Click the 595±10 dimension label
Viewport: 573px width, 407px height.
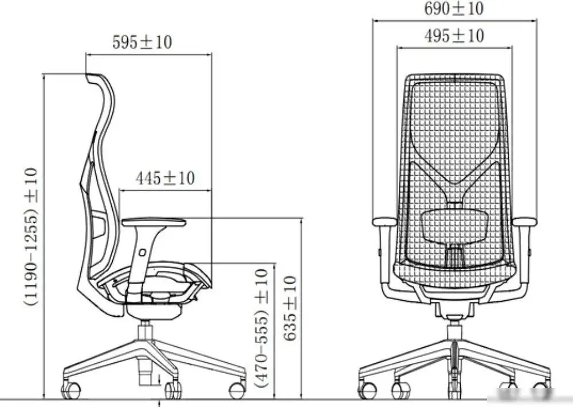(x=142, y=42)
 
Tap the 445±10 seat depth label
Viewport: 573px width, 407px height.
(x=165, y=179)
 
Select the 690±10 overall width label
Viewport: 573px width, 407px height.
(x=454, y=8)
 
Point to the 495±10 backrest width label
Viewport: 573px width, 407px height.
(x=454, y=36)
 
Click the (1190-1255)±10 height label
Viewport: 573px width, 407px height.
(x=31, y=237)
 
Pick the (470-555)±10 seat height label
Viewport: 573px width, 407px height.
(x=262, y=328)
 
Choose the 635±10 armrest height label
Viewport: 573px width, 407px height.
(x=290, y=308)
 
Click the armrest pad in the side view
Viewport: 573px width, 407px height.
(x=154, y=222)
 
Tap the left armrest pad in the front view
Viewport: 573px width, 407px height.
(x=384, y=222)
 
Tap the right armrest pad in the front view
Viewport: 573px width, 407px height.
(x=524, y=222)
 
